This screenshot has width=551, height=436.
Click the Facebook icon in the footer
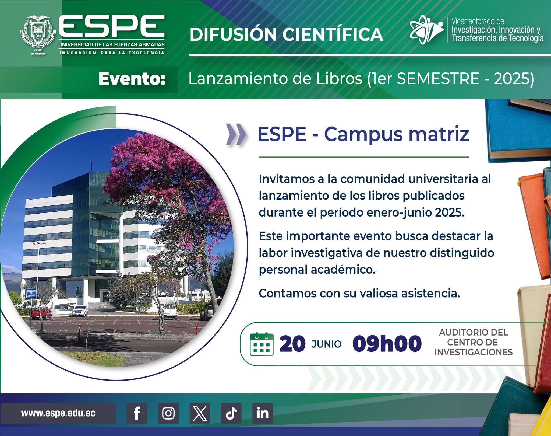click(x=137, y=413)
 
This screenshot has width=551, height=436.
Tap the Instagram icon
click(x=168, y=413)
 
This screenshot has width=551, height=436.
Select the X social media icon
click(x=200, y=413)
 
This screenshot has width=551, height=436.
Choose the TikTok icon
click(x=231, y=413)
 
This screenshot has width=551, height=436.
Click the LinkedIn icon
click(x=263, y=413)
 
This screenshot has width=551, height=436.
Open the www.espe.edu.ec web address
click(x=58, y=413)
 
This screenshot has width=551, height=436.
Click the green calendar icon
click(x=262, y=344)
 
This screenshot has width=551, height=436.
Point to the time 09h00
click(x=387, y=344)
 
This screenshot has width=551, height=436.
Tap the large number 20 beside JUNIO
click(x=292, y=344)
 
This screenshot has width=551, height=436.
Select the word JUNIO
click(x=326, y=344)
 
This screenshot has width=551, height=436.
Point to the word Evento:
click(x=132, y=79)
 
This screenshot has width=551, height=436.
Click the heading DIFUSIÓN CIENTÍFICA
click(x=286, y=34)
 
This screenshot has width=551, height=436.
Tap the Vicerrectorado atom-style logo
click(x=426, y=29)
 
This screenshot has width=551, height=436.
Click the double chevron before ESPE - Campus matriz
click(x=236, y=134)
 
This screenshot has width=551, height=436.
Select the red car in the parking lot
click(x=41, y=313)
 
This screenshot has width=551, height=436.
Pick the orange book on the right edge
click(x=534, y=226)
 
